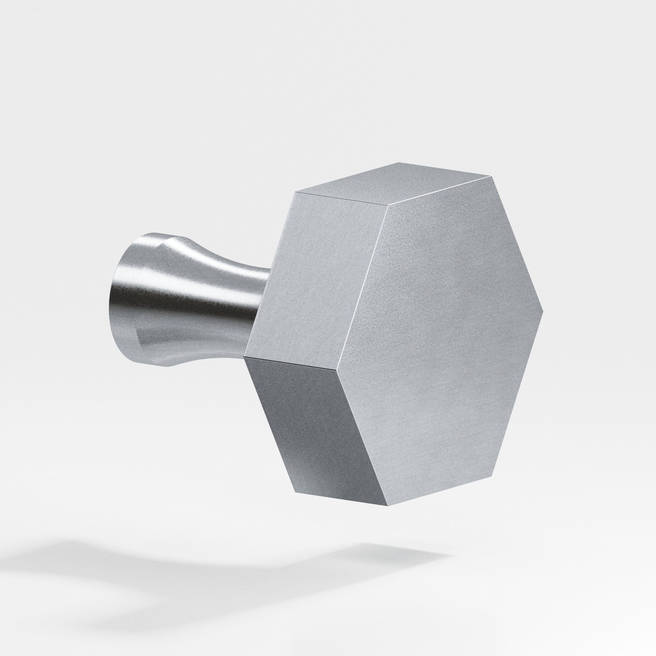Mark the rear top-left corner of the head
[x=296, y=192]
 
